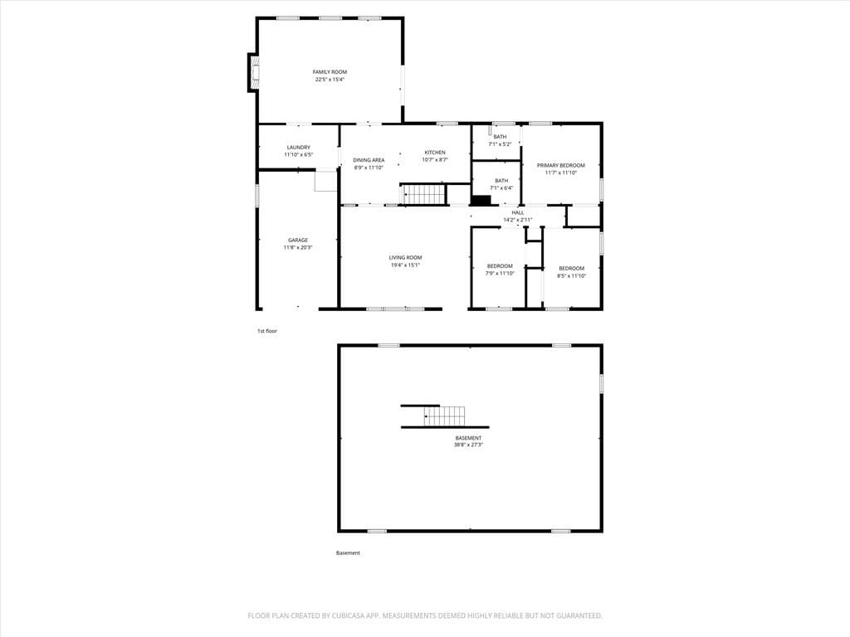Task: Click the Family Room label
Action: click(x=330, y=72)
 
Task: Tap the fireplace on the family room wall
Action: click(x=254, y=73)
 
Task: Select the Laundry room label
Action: click(x=299, y=148)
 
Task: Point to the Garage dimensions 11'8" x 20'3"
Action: click(x=298, y=247)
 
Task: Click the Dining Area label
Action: click(x=369, y=160)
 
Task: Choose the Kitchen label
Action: click(x=435, y=153)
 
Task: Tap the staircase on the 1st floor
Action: click(x=424, y=194)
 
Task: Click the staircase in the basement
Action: click(x=445, y=416)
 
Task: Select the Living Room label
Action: click(x=405, y=258)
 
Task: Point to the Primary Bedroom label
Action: click(x=561, y=166)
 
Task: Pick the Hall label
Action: click(x=518, y=213)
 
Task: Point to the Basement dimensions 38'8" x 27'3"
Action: click(x=468, y=445)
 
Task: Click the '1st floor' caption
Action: click(x=267, y=331)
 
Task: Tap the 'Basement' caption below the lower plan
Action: click(x=348, y=553)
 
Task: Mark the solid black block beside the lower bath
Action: click(x=481, y=200)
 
